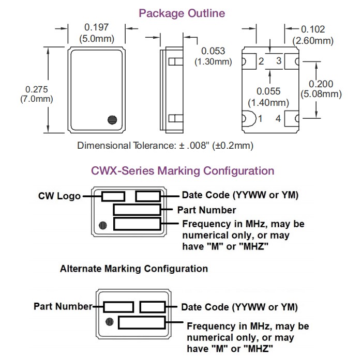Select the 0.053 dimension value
click(213, 51)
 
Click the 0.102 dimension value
click(313, 29)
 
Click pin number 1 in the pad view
click(260, 119)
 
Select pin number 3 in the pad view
click(278, 61)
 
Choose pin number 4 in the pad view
click(278, 119)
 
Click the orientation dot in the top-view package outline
click(111, 120)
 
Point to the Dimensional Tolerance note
click(165, 145)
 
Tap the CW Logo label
click(59, 196)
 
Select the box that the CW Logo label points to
click(113, 196)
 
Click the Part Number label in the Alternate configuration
click(63, 306)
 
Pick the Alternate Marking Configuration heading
click(134, 269)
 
